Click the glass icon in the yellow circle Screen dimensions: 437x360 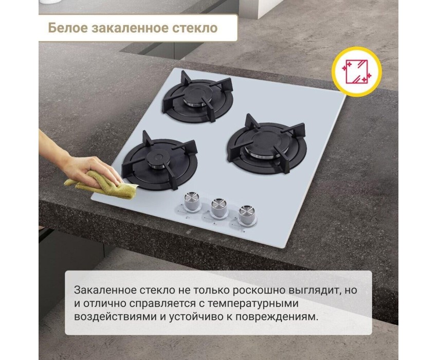(356, 71)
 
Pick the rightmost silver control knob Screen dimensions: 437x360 (246, 215)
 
